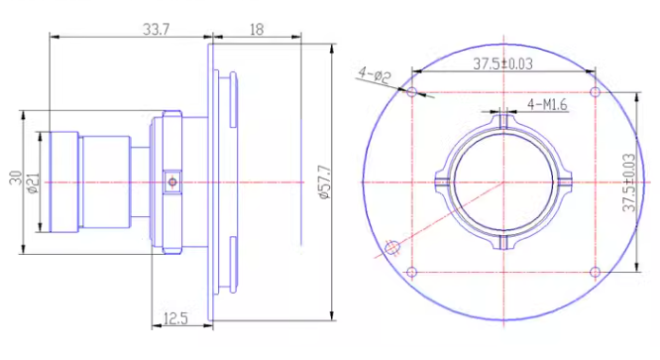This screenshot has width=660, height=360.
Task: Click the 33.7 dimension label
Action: coord(157,30)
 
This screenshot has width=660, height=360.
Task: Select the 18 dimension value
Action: coord(257,30)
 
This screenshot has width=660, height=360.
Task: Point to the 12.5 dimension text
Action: coord(175,318)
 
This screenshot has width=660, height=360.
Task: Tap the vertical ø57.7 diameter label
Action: coord(325,181)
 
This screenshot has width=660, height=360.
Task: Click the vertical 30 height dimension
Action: coord(16,178)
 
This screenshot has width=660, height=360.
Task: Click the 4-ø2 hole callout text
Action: coord(375,75)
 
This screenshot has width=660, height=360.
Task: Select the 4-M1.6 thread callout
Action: coord(547,104)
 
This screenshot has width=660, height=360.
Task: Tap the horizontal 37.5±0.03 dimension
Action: coord(503,64)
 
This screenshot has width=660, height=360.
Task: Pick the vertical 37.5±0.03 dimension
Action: coord(629,182)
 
